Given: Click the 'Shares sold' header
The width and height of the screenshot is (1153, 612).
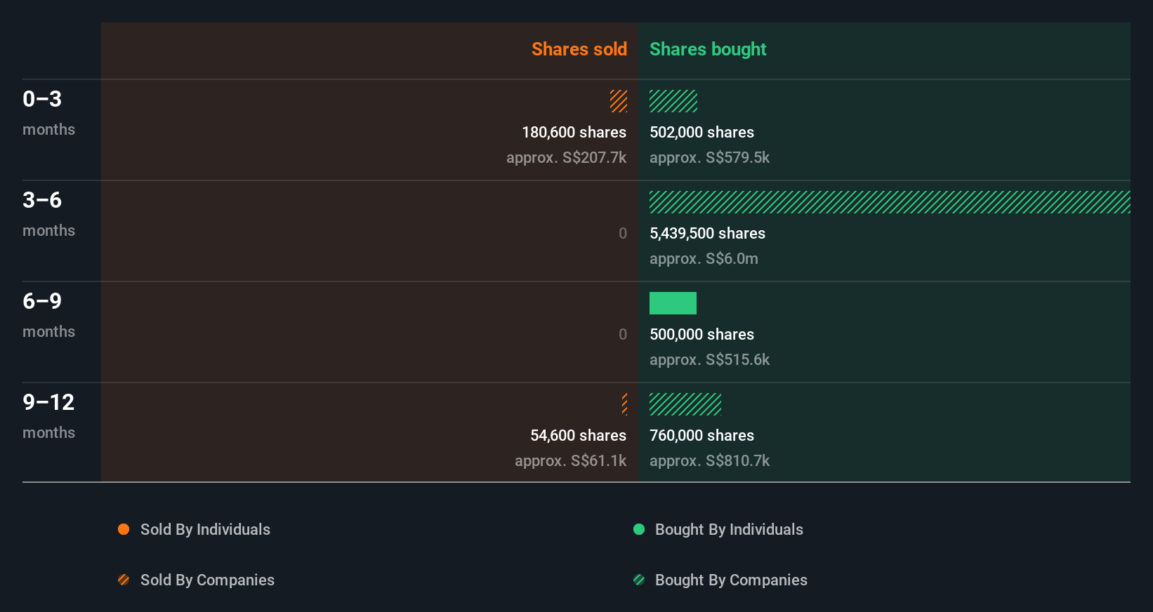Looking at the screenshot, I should click(x=579, y=49).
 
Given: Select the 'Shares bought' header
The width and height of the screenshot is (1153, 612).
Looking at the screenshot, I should click(x=707, y=49).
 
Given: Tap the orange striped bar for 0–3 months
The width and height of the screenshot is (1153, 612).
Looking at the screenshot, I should click(x=619, y=101).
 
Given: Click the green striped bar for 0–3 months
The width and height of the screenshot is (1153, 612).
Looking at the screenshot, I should click(x=673, y=101).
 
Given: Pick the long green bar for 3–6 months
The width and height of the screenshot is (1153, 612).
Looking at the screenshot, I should click(x=889, y=202).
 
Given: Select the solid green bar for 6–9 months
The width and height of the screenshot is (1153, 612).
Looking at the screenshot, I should click(x=673, y=303).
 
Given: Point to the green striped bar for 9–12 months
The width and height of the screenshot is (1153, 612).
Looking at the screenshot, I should click(x=685, y=404).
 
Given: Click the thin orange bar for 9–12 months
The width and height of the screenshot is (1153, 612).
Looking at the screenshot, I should click(x=624, y=404).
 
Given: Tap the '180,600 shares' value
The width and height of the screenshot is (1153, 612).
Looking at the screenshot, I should click(x=574, y=133).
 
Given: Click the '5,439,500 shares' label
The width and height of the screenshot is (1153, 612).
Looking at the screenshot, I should click(x=707, y=234).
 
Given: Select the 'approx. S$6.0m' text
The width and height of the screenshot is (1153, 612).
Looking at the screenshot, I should click(x=704, y=259).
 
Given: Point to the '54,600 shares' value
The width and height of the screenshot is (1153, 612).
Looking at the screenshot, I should click(x=578, y=436).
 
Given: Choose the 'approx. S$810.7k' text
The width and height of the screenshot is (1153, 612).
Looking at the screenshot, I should click(x=709, y=461).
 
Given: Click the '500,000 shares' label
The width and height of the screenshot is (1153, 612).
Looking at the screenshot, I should click(x=701, y=335).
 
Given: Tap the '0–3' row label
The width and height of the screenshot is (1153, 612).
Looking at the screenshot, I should click(x=42, y=99).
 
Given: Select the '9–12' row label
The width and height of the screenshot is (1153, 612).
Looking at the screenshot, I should click(x=48, y=402).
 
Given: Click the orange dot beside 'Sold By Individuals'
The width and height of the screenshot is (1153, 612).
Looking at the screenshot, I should click(x=124, y=529).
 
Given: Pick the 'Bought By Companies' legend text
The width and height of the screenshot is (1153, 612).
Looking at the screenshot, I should click(x=731, y=580).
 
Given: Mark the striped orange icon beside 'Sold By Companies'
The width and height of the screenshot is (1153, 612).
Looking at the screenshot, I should click(x=124, y=580).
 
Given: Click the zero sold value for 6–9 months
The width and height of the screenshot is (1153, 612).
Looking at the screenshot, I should click(x=623, y=335).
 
